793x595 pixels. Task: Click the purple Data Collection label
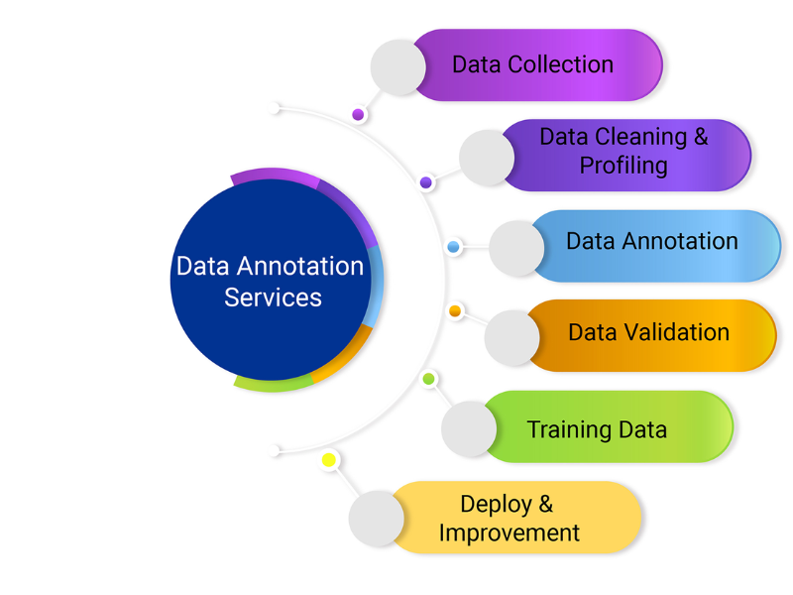click(x=533, y=65)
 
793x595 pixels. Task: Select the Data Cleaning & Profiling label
click(x=623, y=152)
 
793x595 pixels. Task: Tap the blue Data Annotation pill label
click(x=652, y=241)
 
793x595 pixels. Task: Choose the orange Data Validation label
click(x=648, y=332)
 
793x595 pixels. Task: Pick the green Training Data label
click(x=597, y=429)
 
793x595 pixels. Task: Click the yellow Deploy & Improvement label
click(x=509, y=519)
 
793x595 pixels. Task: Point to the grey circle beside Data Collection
click(x=398, y=67)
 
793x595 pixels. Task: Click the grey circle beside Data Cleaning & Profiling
click(x=488, y=157)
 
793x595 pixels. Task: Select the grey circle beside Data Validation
click(x=511, y=338)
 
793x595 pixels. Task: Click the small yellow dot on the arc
click(x=329, y=460)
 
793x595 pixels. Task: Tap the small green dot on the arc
click(x=429, y=379)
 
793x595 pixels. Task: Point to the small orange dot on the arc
click(x=455, y=311)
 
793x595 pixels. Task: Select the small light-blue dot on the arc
click(x=453, y=246)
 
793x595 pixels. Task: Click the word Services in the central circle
click(x=273, y=297)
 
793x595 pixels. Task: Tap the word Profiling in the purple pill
click(x=623, y=165)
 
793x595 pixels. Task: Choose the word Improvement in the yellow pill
click(x=509, y=533)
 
